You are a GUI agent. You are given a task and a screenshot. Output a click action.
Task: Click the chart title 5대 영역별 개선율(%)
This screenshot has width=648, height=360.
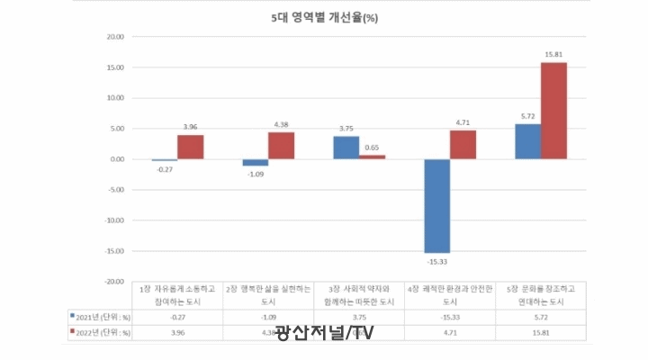click(325, 17)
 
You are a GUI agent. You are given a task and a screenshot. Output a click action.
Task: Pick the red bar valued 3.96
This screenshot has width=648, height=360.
click(190, 147)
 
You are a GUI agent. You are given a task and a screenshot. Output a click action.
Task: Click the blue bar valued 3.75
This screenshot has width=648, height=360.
click(346, 148)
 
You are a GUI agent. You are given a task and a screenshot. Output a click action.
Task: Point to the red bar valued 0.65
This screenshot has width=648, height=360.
click(372, 157)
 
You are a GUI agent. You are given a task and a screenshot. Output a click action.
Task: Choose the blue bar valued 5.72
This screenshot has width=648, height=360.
click(528, 141)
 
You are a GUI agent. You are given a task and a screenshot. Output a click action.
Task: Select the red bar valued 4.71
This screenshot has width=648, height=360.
click(463, 145)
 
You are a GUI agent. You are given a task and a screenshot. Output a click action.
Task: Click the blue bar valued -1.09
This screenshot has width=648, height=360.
click(256, 162)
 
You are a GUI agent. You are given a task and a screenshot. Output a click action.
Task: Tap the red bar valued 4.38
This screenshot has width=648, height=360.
click(281, 146)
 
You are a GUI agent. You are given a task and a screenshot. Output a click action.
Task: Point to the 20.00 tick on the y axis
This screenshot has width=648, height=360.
click(114, 37)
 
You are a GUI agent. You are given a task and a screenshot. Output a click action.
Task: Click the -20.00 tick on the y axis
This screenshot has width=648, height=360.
click(113, 281)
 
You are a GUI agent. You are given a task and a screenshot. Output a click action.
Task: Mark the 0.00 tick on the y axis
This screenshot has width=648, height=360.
click(117, 159)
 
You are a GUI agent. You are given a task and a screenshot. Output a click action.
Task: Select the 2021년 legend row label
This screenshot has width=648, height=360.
click(101, 316)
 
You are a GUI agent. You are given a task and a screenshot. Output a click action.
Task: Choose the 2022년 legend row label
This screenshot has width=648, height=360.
click(101, 332)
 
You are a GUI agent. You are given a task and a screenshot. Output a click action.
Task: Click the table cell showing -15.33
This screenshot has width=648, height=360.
click(450, 316)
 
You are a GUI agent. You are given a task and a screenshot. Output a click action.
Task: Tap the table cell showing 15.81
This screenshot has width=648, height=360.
click(541, 332)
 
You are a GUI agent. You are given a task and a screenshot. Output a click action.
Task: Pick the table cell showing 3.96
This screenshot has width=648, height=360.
click(178, 332)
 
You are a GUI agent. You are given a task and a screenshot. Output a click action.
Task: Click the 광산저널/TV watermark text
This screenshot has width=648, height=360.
click(324, 333)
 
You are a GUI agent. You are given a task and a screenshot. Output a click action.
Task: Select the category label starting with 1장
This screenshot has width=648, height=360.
click(178, 293)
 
